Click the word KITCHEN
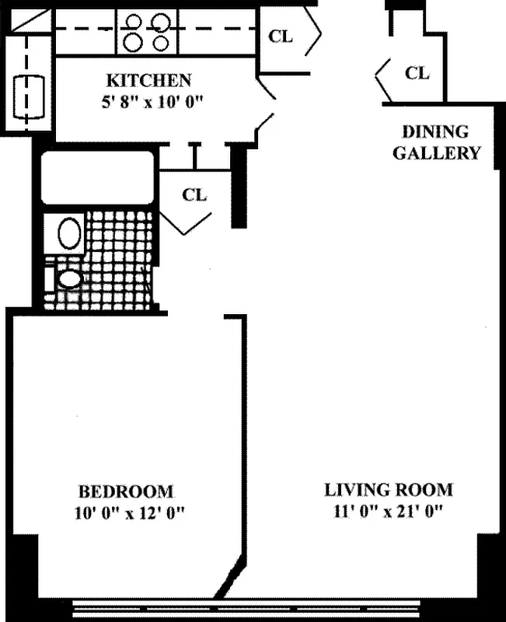[148, 80]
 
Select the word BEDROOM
[126, 491]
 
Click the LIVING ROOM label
[389, 491]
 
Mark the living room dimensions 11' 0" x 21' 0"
[389, 512]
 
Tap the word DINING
[435, 131]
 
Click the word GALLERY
[436, 152]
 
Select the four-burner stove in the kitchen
[147, 32]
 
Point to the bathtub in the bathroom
[97, 178]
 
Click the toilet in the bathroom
[68, 278]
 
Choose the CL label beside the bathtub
[194, 194]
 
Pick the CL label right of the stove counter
[281, 36]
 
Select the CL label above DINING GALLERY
[417, 73]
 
